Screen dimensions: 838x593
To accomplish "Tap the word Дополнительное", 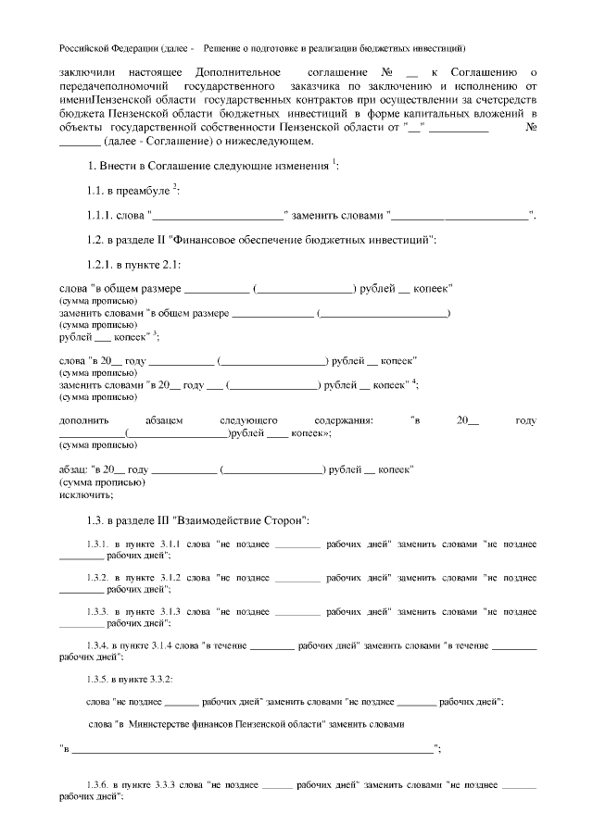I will pyautogui.click(x=238, y=71).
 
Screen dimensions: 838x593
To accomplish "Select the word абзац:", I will pyautogui.click(x=73, y=469).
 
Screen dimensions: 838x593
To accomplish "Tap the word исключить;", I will pyautogui.click(x=82, y=494).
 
